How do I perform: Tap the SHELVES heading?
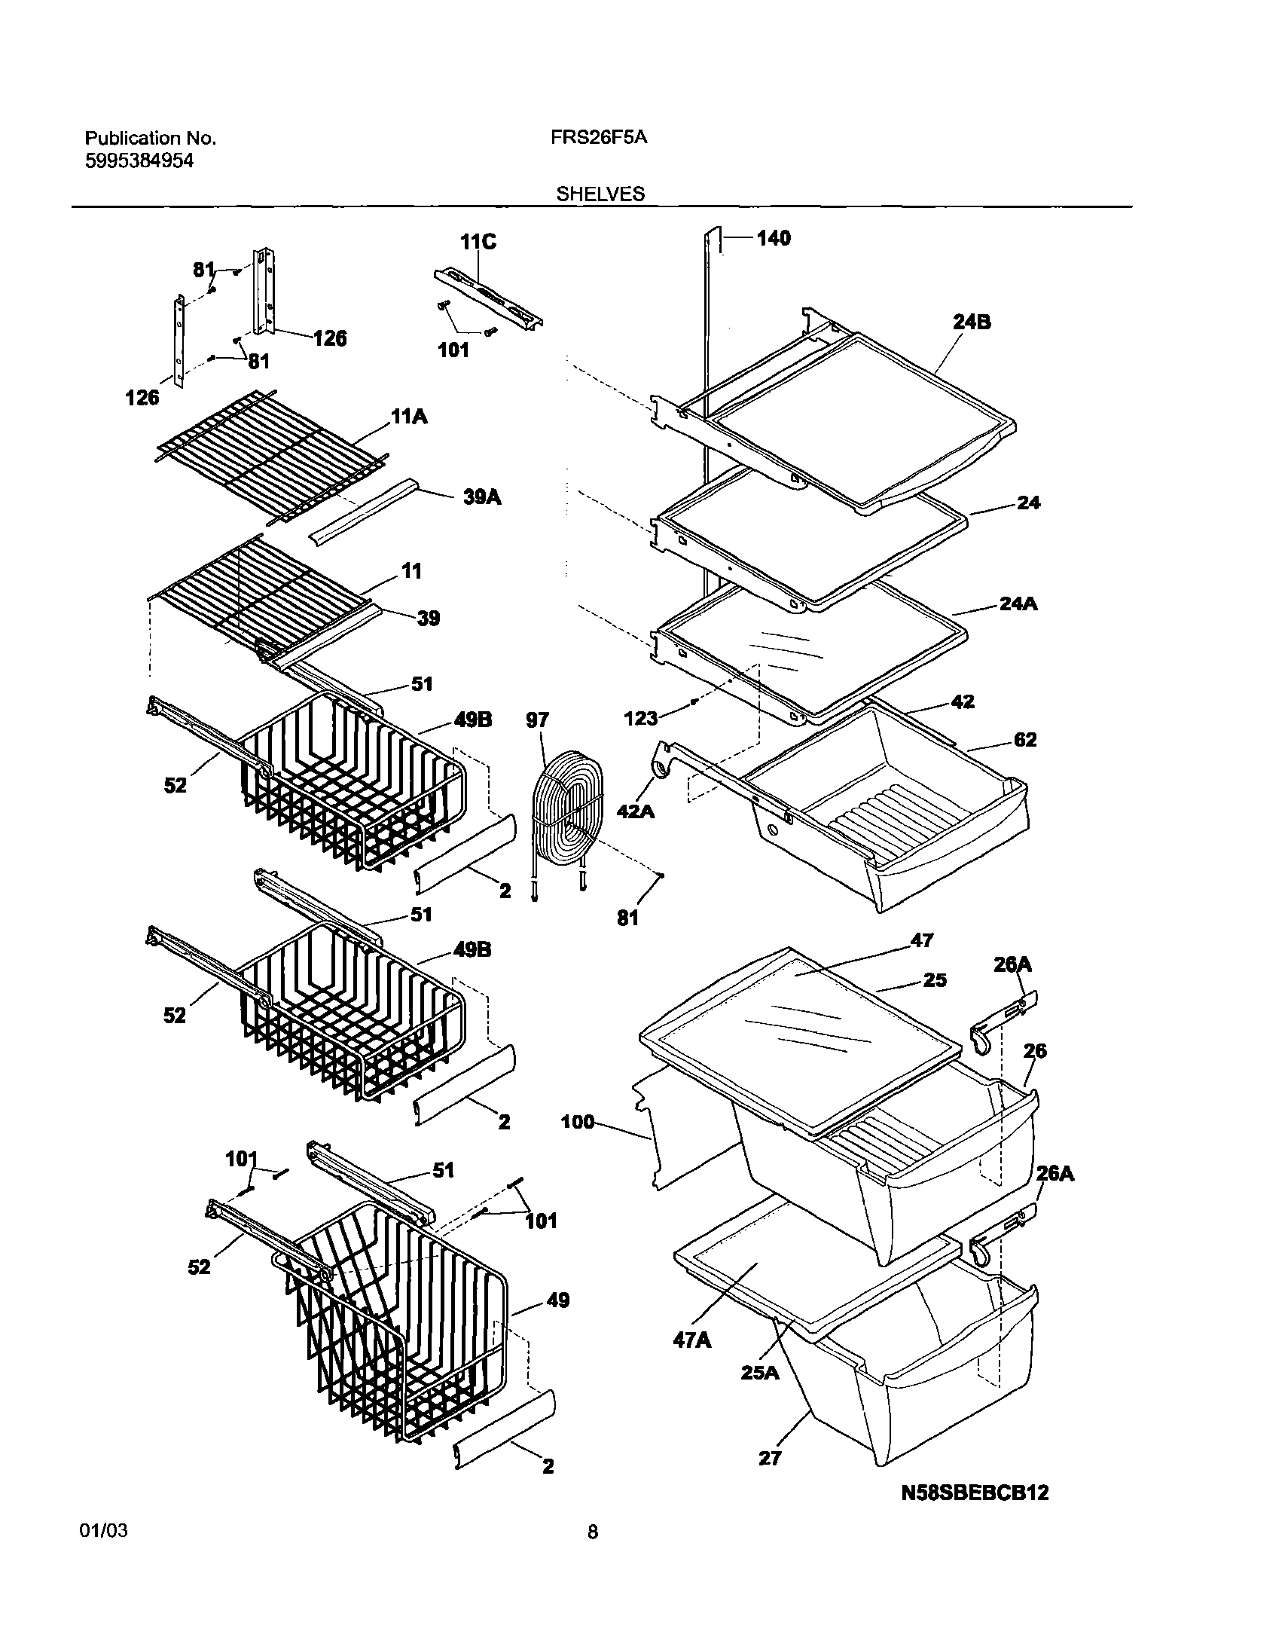[x=600, y=194]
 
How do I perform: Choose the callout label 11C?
[x=478, y=242]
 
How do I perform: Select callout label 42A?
[x=636, y=811]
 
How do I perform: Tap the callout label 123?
[x=641, y=719]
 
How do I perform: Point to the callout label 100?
[x=578, y=1122]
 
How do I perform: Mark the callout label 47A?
[x=691, y=1340]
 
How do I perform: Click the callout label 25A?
[x=759, y=1373]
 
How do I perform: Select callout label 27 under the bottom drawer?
[x=770, y=1459]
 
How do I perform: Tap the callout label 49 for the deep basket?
[x=557, y=1300]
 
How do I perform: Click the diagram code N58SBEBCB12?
[x=975, y=1493]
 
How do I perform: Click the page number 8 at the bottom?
[x=593, y=1532]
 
